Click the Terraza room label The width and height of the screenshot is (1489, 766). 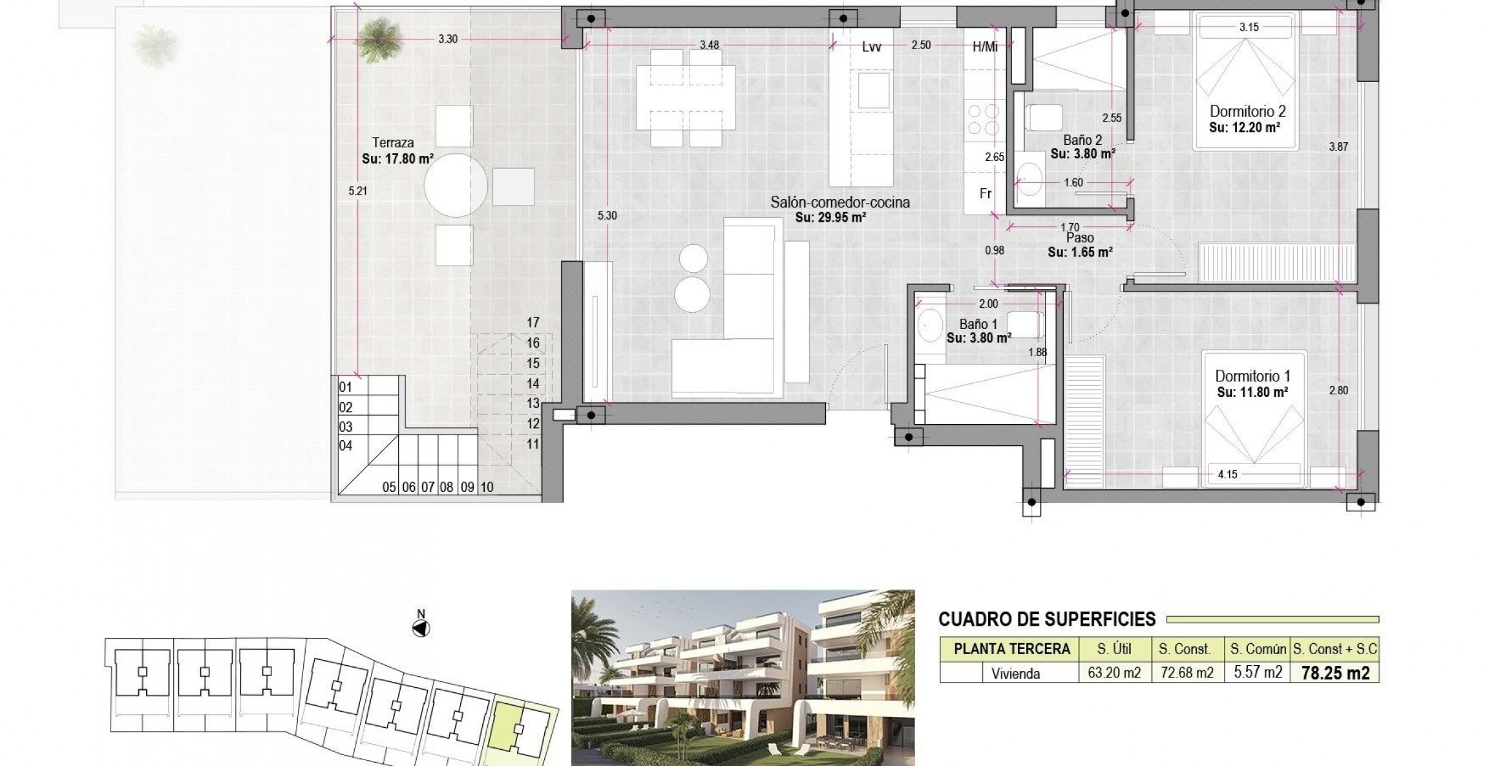pos(393,143)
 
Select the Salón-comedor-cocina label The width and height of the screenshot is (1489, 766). pos(840,202)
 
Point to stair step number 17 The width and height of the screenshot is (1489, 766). pos(533,323)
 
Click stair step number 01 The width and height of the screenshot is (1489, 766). pos(346,387)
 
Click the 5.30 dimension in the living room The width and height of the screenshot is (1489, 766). pos(607,216)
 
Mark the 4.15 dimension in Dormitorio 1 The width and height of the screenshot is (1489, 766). pos(1227,474)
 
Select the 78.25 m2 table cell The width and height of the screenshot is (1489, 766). pos(1335,673)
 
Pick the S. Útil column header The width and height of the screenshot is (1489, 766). pos(1114,648)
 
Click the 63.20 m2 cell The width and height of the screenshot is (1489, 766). pos(1114,673)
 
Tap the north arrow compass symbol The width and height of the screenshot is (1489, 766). pos(421,628)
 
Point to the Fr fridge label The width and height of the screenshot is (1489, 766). pos(986,193)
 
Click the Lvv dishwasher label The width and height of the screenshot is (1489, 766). pos(871,46)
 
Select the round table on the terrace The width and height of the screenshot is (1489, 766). pos(456,186)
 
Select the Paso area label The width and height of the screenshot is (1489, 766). pos(1080,239)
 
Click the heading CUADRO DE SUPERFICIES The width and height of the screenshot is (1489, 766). pos(1046,619)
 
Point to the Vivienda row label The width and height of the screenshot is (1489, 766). pos(1015,674)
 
